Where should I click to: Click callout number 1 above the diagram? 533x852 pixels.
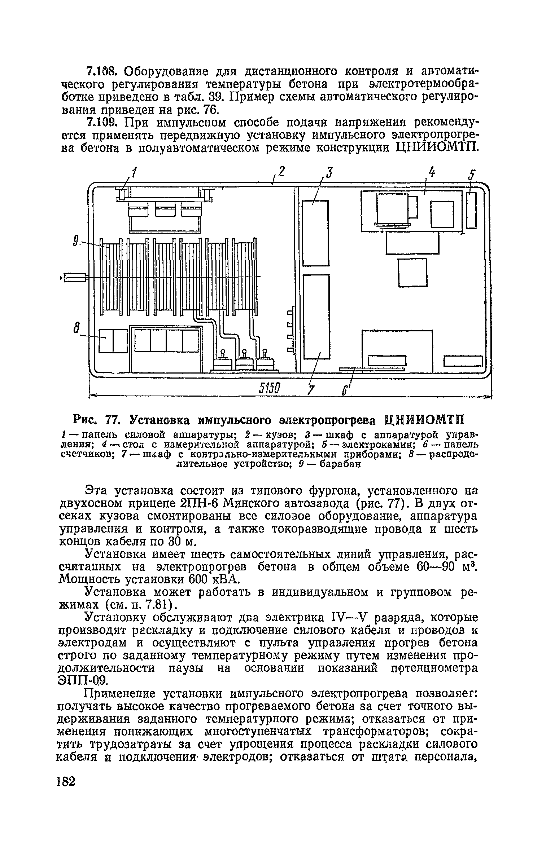[134, 174]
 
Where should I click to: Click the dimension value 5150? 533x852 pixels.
[270, 389]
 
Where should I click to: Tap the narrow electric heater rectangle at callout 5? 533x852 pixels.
[471, 210]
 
